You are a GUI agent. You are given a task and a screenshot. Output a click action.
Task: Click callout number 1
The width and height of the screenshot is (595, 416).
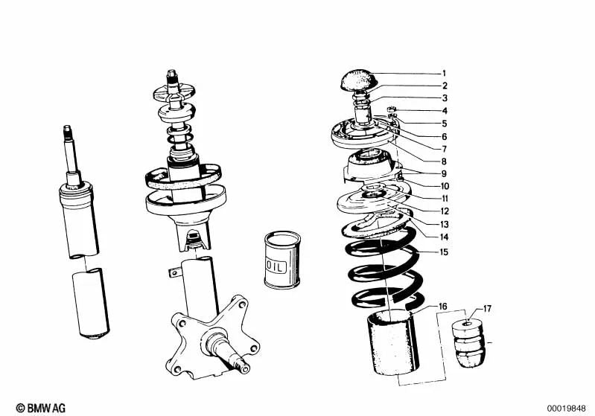pyautogui.click(x=444, y=74)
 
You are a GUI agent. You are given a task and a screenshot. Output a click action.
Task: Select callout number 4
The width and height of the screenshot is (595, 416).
pyautogui.click(x=444, y=111)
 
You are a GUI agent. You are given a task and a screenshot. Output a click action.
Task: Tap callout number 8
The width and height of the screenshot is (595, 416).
pyautogui.click(x=444, y=161)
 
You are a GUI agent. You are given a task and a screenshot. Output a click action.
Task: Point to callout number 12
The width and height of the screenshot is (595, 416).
pyautogui.click(x=444, y=211)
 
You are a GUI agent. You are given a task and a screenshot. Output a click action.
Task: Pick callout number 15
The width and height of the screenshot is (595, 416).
pyautogui.click(x=444, y=252)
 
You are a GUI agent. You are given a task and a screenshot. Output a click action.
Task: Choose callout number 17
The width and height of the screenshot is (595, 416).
pyautogui.click(x=488, y=307)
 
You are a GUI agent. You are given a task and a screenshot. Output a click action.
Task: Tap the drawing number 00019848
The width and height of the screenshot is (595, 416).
pyautogui.click(x=569, y=408)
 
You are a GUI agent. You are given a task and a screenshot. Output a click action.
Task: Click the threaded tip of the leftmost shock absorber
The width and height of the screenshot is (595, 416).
pyautogui.click(x=67, y=132)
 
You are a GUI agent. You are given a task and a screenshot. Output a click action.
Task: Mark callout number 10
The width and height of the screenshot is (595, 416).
pyautogui.click(x=444, y=186)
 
